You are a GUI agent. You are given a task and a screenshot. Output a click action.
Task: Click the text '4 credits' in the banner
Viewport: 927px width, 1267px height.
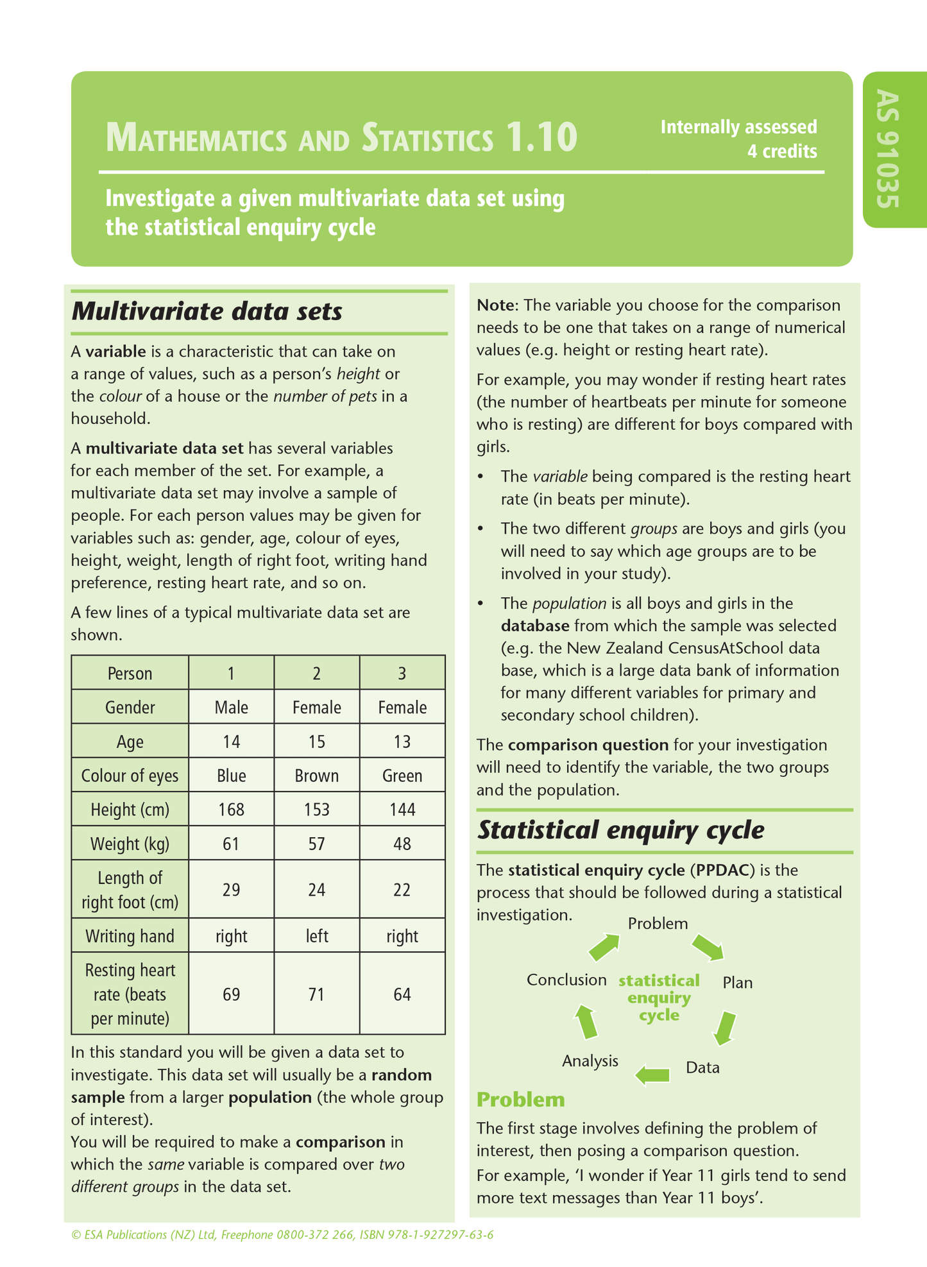tap(781, 151)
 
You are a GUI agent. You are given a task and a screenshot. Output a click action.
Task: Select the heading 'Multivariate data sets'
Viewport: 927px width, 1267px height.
tap(207, 312)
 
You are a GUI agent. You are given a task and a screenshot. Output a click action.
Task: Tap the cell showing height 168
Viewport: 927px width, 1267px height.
tap(231, 810)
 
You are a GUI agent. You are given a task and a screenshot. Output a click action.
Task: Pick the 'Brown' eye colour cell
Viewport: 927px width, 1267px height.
tap(316, 776)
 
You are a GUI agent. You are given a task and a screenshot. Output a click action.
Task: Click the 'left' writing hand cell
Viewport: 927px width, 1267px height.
tap(316, 936)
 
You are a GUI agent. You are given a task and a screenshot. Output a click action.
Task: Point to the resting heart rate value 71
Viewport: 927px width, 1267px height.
tap(316, 994)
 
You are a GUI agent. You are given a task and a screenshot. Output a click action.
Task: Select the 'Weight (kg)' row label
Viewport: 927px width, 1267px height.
tap(130, 844)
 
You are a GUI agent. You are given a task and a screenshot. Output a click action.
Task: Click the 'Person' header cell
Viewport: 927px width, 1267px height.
tap(130, 674)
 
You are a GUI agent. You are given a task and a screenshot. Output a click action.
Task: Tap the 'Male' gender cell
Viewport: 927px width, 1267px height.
tap(231, 708)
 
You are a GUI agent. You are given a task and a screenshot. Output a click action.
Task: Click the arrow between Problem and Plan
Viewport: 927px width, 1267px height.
tap(708, 947)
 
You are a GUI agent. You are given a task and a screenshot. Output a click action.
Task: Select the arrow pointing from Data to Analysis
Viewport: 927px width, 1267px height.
tap(652, 1074)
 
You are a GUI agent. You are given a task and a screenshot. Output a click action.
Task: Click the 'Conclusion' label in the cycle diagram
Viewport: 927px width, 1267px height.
tap(566, 980)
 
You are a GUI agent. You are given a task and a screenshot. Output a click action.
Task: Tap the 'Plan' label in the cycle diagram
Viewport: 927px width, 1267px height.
tap(737, 982)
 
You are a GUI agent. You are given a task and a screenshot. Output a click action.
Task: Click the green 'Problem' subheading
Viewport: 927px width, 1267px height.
tap(520, 1100)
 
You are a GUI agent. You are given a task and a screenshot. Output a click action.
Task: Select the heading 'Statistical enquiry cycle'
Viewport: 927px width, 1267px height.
tap(620, 830)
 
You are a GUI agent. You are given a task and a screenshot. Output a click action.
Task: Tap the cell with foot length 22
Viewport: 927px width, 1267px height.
tap(402, 890)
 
